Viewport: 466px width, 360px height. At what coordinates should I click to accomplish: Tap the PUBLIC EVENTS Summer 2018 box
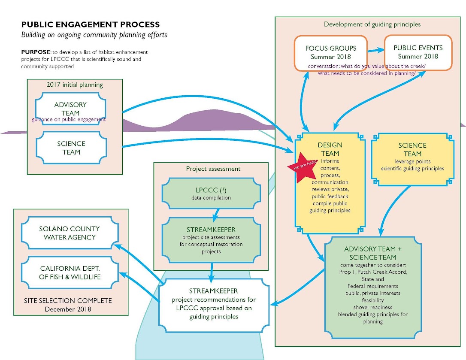click(x=418, y=52)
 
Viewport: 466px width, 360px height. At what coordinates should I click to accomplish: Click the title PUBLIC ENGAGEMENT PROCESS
click(x=91, y=25)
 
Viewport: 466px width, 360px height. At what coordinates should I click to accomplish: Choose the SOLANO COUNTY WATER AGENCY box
click(x=70, y=233)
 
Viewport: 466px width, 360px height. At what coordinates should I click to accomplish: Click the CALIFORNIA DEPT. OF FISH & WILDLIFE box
click(x=70, y=273)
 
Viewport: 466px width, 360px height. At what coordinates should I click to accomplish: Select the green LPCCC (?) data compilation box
click(x=211, y=194)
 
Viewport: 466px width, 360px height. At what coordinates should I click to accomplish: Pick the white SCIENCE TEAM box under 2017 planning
click(x=71, y=148)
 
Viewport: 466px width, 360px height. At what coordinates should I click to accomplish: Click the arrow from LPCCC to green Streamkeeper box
click(x=216, y=213)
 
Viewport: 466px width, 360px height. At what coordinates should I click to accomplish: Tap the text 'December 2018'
click(x=71, y=309)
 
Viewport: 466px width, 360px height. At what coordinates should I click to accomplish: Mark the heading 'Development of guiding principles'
click(x=372, y=24)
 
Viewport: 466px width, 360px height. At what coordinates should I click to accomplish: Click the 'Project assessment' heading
click(x=211, y=169)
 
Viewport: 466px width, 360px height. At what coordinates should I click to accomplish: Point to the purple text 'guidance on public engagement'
click(x=69, y=119)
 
